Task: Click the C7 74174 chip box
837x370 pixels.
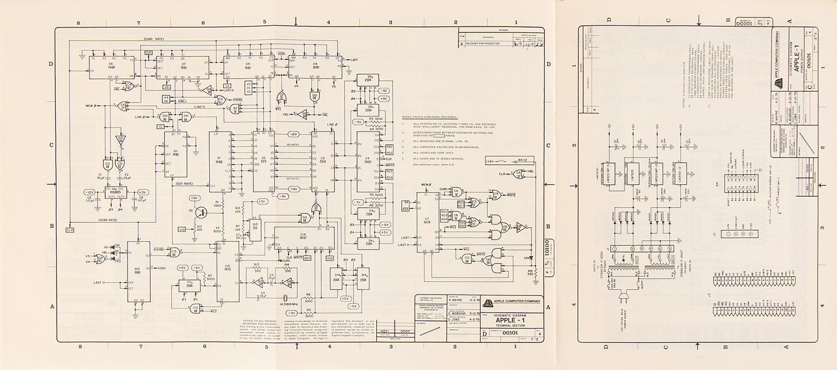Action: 427,222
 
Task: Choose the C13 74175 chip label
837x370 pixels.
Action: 228,268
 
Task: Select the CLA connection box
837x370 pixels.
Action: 70,230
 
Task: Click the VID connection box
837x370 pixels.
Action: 182,230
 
